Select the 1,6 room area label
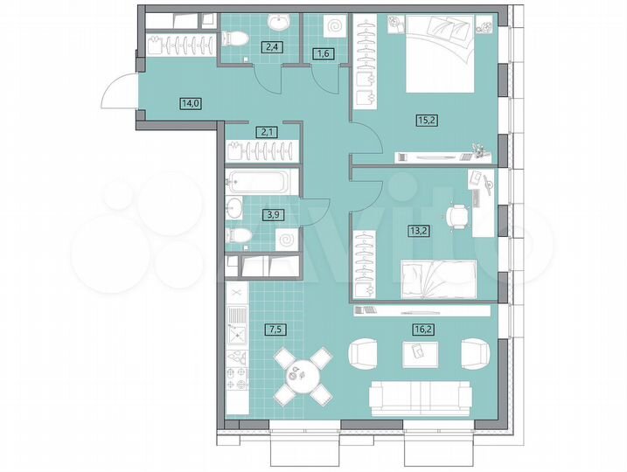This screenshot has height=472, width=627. tap(321, 54)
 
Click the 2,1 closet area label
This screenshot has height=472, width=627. tap(261, 132)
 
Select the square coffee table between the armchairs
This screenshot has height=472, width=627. tap(417, 351)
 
